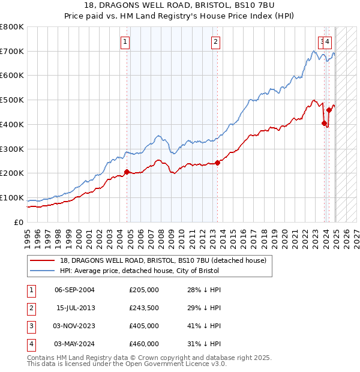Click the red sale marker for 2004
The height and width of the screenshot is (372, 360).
tap(127, 172)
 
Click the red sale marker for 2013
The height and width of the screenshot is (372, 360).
tap(217, 163)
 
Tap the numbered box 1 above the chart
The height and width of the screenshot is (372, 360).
tap(125, 42)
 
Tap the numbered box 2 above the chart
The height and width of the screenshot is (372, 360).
tap(215, 42)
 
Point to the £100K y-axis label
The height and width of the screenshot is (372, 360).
tap(12, 197)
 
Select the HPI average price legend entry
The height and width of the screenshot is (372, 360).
tap(139, 271)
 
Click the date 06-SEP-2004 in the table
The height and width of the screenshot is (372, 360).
tap(74, 290)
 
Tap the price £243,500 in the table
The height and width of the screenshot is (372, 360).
tap(143, 308)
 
